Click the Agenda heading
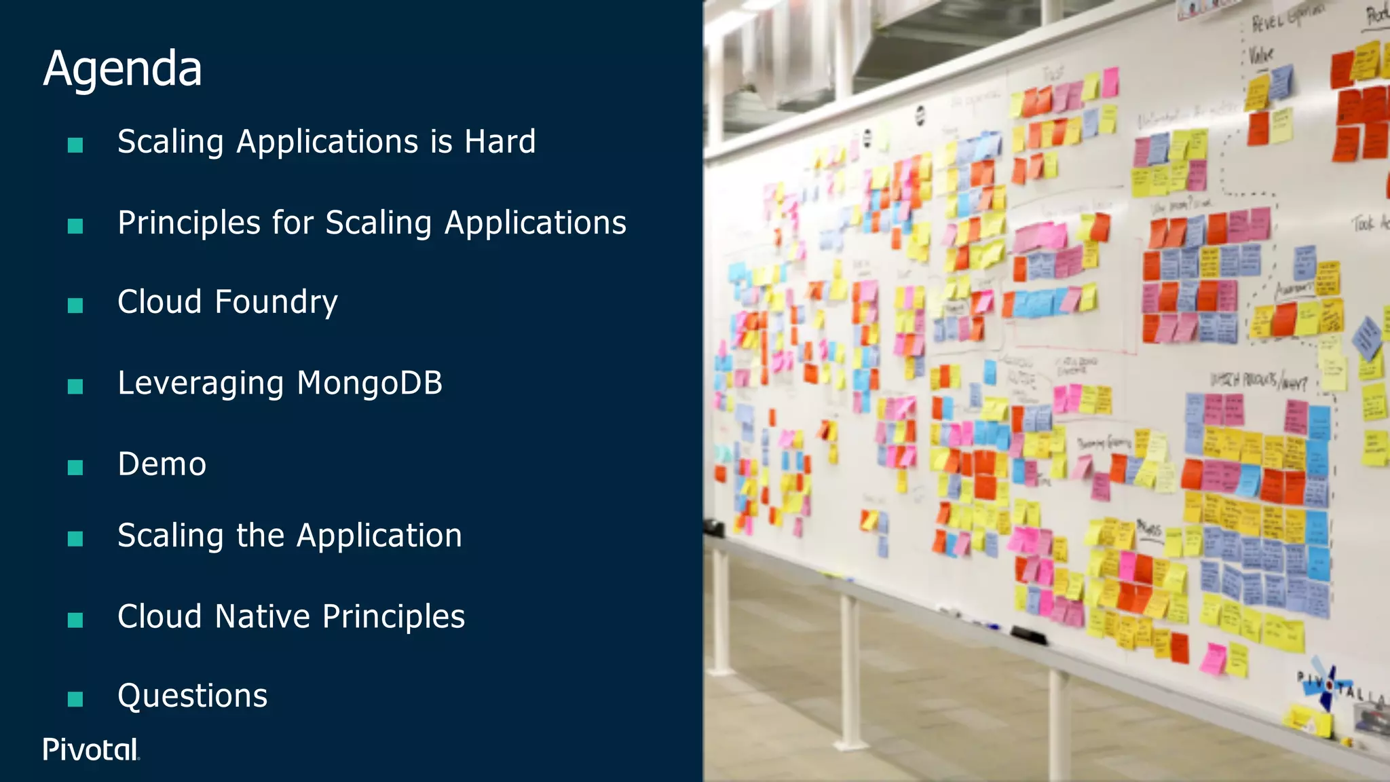click(123, 69)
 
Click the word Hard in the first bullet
click(500, 142)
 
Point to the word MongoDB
click(370, 383)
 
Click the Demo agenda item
click(162, 464)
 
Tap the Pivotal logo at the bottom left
click(91, 749)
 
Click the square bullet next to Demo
click(75, 467)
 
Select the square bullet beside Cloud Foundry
click(75, 305)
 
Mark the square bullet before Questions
click(75, 699)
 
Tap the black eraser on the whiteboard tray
click(1028, 636)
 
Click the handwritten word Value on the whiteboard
click(1261, 54)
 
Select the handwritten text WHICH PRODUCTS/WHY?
click(1258, 381)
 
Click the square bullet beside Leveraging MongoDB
click(75, 386)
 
